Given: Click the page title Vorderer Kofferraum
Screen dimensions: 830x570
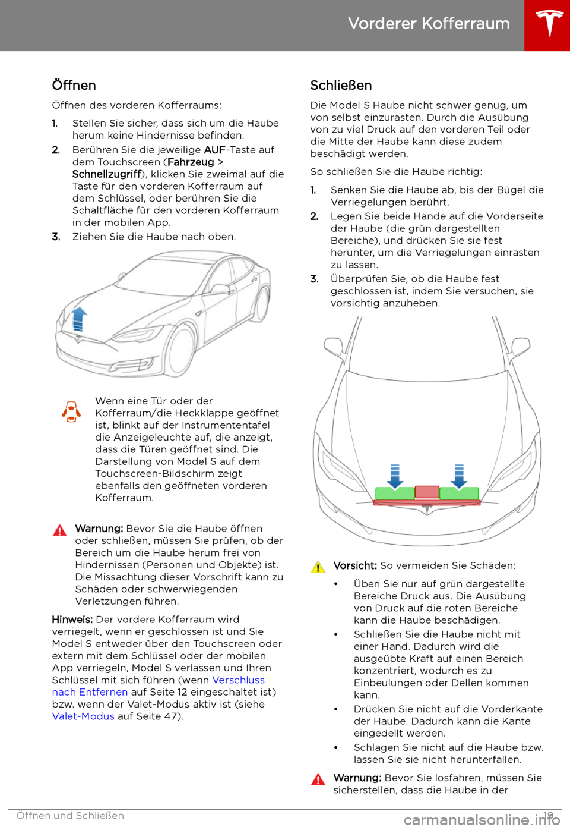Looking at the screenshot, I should click(x=429, y=24).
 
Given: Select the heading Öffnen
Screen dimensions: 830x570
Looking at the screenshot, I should click(x=74, y=85).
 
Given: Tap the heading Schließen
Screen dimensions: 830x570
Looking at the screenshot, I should click(x=341, y=85).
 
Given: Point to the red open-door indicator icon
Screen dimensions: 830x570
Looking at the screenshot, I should click(x=71, y=411).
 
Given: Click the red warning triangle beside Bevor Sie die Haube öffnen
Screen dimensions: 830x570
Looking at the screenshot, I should click(x=60, y=530).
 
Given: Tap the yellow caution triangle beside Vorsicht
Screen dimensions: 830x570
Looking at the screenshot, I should click(x=318, y=567).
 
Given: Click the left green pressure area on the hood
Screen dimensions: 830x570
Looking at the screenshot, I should click(x=395, y=493).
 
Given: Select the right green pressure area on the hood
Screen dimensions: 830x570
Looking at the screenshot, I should click(x=459, y=493).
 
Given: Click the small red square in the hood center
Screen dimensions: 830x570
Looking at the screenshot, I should click(x=427, y=492).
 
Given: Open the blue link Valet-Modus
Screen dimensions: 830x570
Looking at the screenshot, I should click(x=83, y=716).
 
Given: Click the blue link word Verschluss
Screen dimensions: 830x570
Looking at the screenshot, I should click(x=238, y=680).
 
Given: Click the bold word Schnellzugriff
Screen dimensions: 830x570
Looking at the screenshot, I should click(x=106, y=174).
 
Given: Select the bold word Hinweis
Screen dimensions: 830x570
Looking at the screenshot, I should click(x=72, y=620).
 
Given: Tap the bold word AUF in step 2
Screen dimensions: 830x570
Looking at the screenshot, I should click(x=214, y=150).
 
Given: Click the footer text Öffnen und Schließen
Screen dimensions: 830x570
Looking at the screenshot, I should click(x=70, y=816).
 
